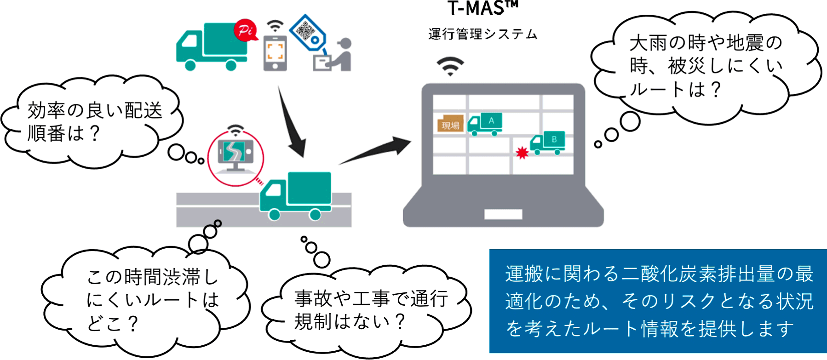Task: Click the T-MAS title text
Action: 482,8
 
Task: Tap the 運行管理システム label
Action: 482,34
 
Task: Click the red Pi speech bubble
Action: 245,30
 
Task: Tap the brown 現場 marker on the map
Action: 450,124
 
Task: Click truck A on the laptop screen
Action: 485,124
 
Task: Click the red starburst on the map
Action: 522,153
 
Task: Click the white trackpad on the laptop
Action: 503,214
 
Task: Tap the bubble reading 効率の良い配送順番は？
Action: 92,122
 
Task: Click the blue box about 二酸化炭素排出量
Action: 658,301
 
